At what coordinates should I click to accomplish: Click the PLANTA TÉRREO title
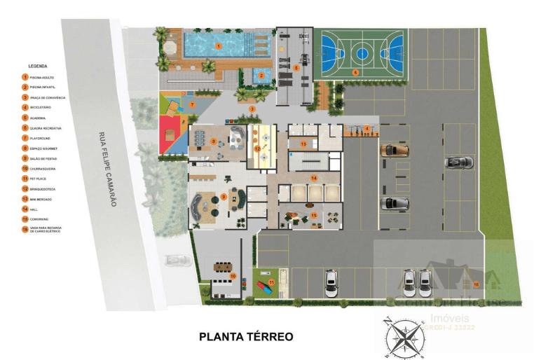pos(245,337)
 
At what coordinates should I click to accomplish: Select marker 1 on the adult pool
pos(219,46)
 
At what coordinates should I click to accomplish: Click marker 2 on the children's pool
pos(261,76)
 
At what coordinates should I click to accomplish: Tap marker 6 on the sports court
pos(355,72)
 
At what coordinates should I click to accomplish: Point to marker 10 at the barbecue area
pos(233,276)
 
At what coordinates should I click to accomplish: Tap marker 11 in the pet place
pos(272,282)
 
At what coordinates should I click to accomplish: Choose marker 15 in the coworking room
pos(314,215)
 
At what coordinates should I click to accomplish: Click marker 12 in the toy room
pos(258,149)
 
